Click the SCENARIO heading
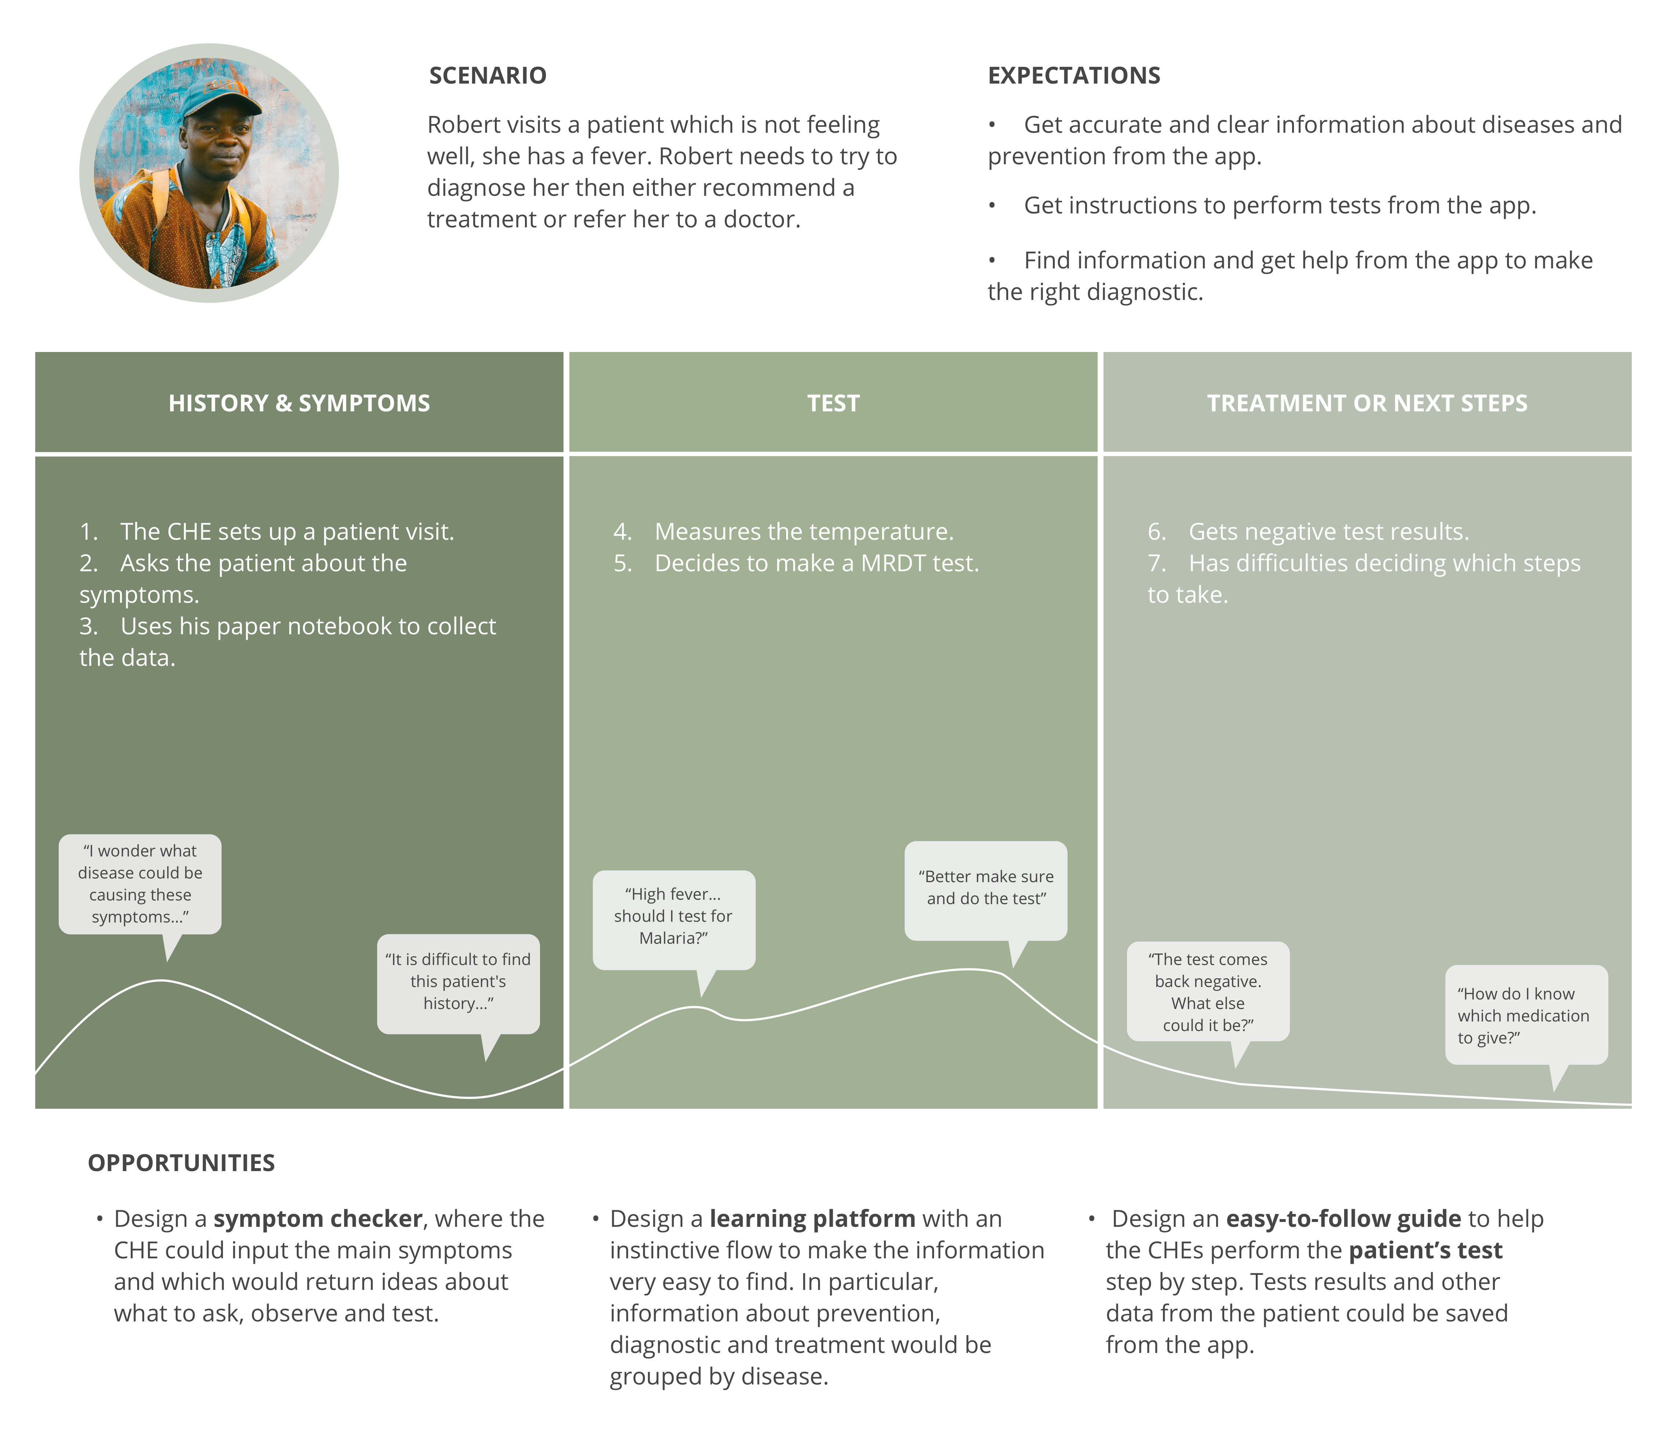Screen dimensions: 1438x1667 pyautogui.click(x=488, y=76)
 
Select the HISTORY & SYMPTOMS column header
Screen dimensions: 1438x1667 pyautogui.click(x=299, y=403)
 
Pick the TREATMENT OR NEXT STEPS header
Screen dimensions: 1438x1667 pyautogui.click(x=1367, y=403)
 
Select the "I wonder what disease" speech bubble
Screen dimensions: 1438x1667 pyautogui.click(x=140, y=884)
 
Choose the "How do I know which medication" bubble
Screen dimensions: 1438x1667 pyautogui.click(x=1525, y=1015)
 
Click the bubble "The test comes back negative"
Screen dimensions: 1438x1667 pyautogui.click(x=1208, y=992)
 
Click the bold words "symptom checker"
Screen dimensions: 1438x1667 pyautogui.click(x=318, y=1219)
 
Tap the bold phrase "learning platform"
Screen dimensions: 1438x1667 pyautogui.click(x=812, y=1219)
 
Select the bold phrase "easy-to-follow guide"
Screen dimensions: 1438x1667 pyautogui.click(x=1343, y=1219)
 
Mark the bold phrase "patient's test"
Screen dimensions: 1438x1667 pyautogui.click(x=1425, y=1251)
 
